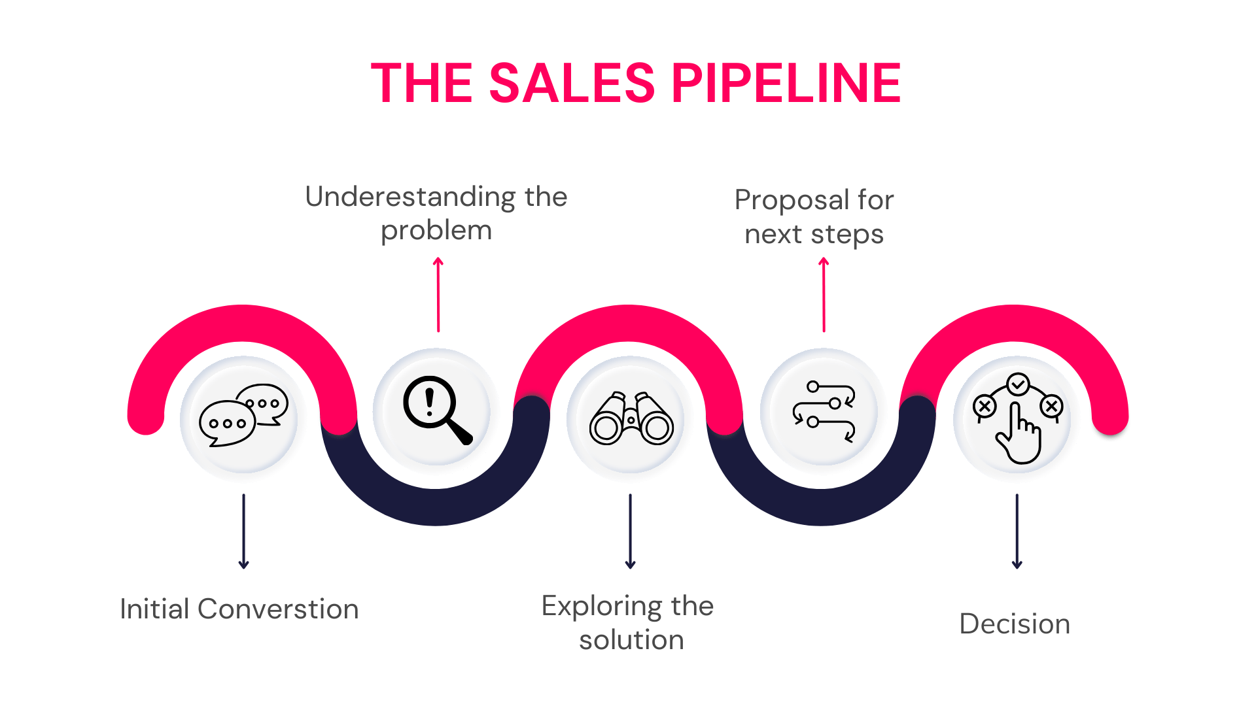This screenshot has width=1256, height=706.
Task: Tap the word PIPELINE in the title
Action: coord(786,83)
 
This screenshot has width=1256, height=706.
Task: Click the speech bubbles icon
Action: coord(243,415)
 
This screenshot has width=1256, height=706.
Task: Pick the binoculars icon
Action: coord(631,419)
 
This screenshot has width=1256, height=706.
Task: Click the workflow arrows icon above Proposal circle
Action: coord(824,412)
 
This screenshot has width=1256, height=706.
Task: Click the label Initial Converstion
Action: coord(239,609)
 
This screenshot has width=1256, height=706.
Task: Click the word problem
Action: coord(436,231)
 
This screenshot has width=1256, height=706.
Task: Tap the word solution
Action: coord(631,640)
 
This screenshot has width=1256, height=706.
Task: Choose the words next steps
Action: coord(814,235)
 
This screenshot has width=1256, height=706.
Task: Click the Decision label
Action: coord(1015,624)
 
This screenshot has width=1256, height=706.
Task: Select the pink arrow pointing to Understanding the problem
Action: coord(438,295)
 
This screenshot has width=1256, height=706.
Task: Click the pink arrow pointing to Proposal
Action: coord(824,295)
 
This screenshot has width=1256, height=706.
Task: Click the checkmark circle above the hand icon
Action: coord(1018,384)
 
